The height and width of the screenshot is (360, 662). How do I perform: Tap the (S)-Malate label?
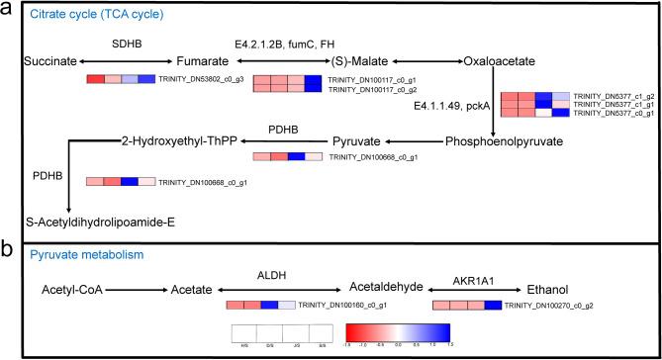(359, 61)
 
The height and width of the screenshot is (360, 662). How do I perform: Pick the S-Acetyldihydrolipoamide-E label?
(102, 222)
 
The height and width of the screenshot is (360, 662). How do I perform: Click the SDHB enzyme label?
(128, 44)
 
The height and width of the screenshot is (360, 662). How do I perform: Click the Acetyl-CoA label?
(71, 291)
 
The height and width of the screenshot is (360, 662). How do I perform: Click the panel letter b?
(9, 250)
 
